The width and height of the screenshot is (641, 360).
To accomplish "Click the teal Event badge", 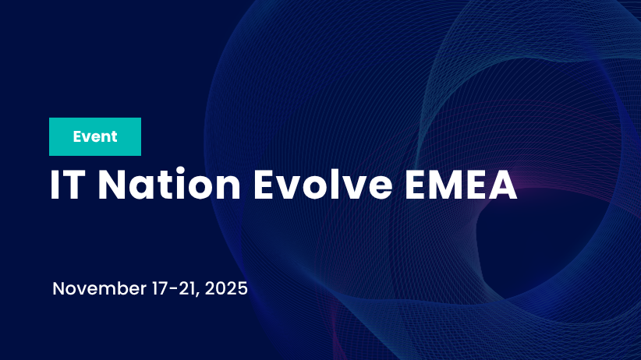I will (x=95, y=137).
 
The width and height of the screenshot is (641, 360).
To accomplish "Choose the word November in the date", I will (x=98, y=289).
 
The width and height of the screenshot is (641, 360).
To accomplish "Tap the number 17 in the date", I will (x=156, y=289).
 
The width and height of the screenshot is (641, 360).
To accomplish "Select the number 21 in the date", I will (x=179, y=289).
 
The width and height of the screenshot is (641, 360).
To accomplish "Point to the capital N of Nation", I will (x=112, y=185).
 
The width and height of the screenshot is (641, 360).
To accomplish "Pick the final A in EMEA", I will (x=504, y=185).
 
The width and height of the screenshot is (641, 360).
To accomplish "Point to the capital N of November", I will (x=59, y=289).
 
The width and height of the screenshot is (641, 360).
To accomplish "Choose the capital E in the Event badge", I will (x=78, y=137).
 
